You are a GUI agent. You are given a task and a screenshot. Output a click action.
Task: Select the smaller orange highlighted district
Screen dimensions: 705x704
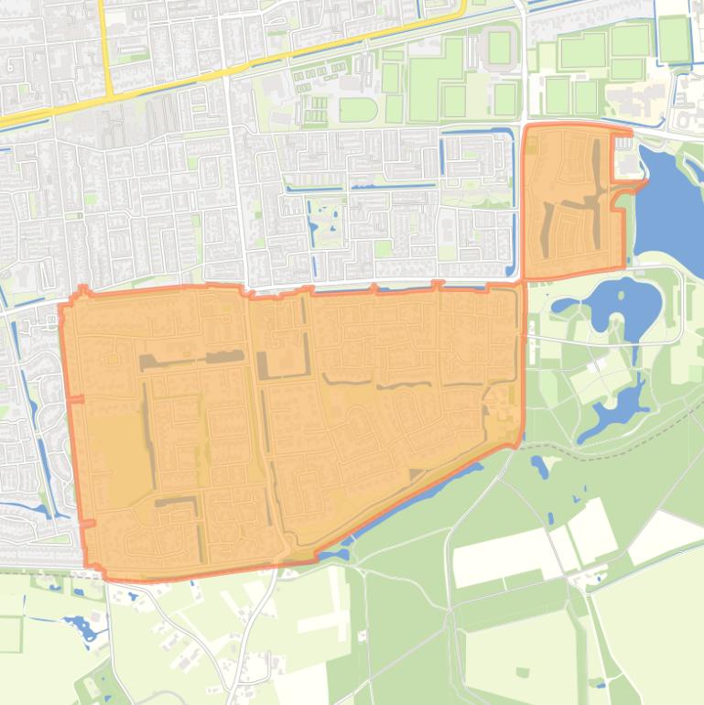(x=572, y=201)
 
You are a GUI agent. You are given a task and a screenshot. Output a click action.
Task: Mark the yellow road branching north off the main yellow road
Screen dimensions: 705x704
(x=105, y=46)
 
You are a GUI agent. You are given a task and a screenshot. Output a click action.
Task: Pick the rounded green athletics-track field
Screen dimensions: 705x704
(x=357, y=110)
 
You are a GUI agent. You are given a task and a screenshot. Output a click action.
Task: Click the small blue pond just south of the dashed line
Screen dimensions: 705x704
(x=540, y=468)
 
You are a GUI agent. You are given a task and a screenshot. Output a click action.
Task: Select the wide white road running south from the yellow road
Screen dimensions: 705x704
(x=240, y=183)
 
